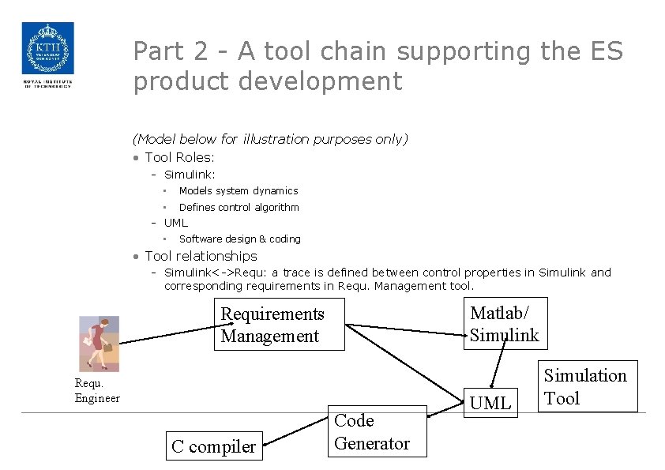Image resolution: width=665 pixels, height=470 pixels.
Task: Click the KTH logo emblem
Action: (x=47, y=49)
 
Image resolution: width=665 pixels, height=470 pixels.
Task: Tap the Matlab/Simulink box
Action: (x=504, y=324)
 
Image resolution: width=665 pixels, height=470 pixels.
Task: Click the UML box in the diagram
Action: (x=490, y=403)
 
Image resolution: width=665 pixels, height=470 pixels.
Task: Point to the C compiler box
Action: (x=213, y=446)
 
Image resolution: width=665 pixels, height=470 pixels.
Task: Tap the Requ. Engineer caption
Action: (x=96, y=390)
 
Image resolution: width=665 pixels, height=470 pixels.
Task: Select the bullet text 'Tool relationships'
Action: (x=201, y=256)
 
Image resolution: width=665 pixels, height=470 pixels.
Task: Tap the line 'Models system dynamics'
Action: (x=238, y=190)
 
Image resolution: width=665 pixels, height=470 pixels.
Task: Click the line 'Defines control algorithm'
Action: (x=239, y=207)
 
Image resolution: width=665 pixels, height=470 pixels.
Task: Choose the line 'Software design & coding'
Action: (x=239, y=239)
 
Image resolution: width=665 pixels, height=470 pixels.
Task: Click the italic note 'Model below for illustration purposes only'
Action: (x=270, y=139)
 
